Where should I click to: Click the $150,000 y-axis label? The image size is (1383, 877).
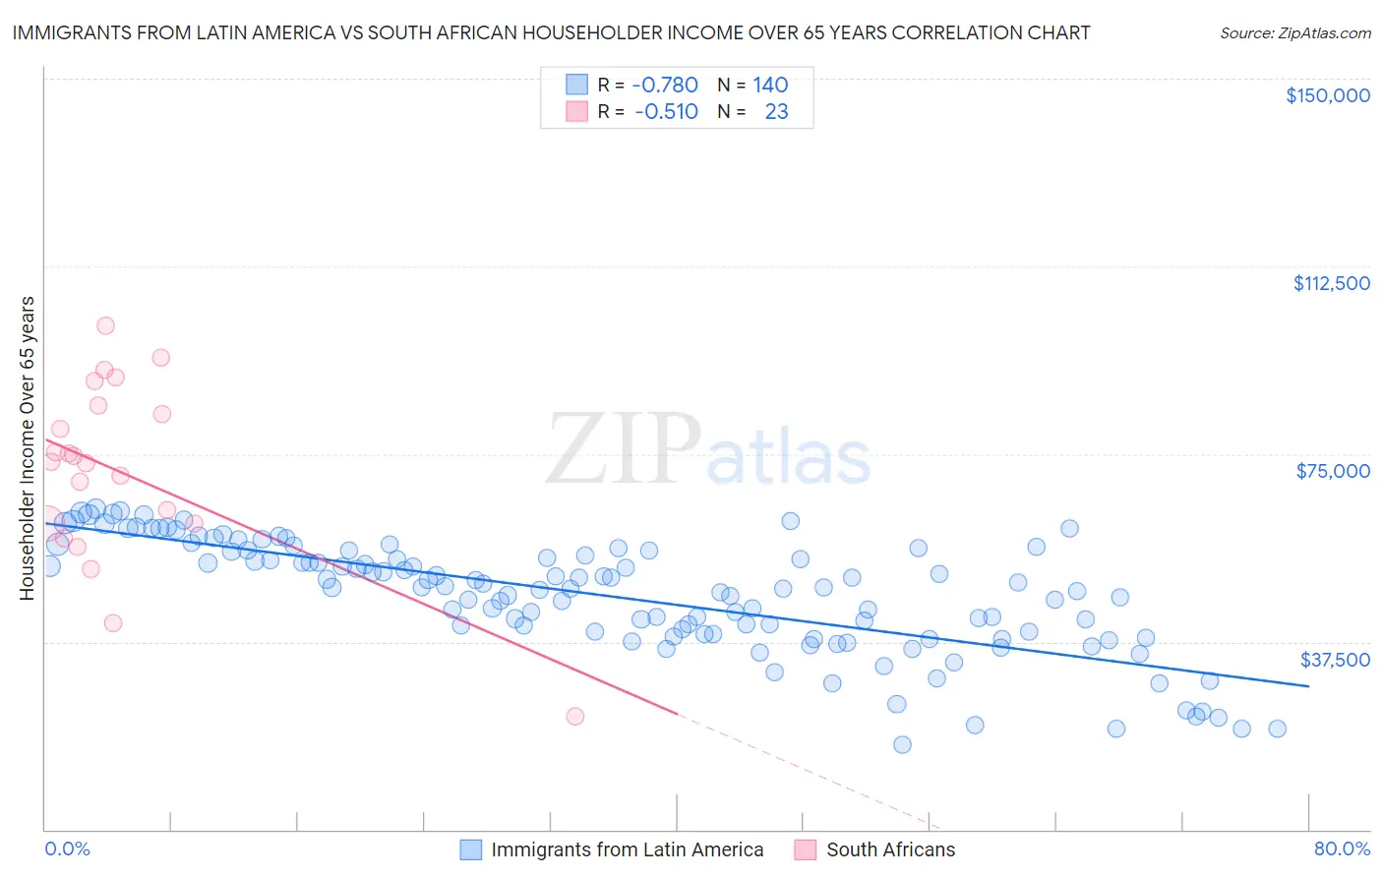coord(1327,95)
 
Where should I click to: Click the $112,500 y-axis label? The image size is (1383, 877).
coord(1331,283)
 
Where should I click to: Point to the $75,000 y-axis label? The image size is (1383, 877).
coord(1333,471)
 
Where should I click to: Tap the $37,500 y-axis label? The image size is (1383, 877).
coord(1335,660)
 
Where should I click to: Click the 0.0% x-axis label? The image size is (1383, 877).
coord(67,848)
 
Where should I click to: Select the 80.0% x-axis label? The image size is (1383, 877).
coord(1342,848)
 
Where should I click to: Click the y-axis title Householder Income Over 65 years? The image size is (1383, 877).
coord(28,447)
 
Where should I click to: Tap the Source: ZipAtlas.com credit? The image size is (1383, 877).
coord(1294,33)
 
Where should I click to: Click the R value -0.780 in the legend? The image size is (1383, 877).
coord(665,85)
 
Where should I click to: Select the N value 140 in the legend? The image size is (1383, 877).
coord(770,85)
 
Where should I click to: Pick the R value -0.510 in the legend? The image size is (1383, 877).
coord(666,111)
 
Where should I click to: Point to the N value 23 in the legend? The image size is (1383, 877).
coord(776,111)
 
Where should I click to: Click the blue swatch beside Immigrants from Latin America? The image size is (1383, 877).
coord(471,849)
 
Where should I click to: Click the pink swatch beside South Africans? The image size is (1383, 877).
coord(806,849)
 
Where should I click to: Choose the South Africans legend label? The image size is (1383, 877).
coord(890,849)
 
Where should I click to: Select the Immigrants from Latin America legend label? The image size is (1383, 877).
coord(627,849)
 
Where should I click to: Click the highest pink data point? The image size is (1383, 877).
coord(105,325)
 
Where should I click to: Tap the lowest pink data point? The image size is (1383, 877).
coord(575,716)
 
